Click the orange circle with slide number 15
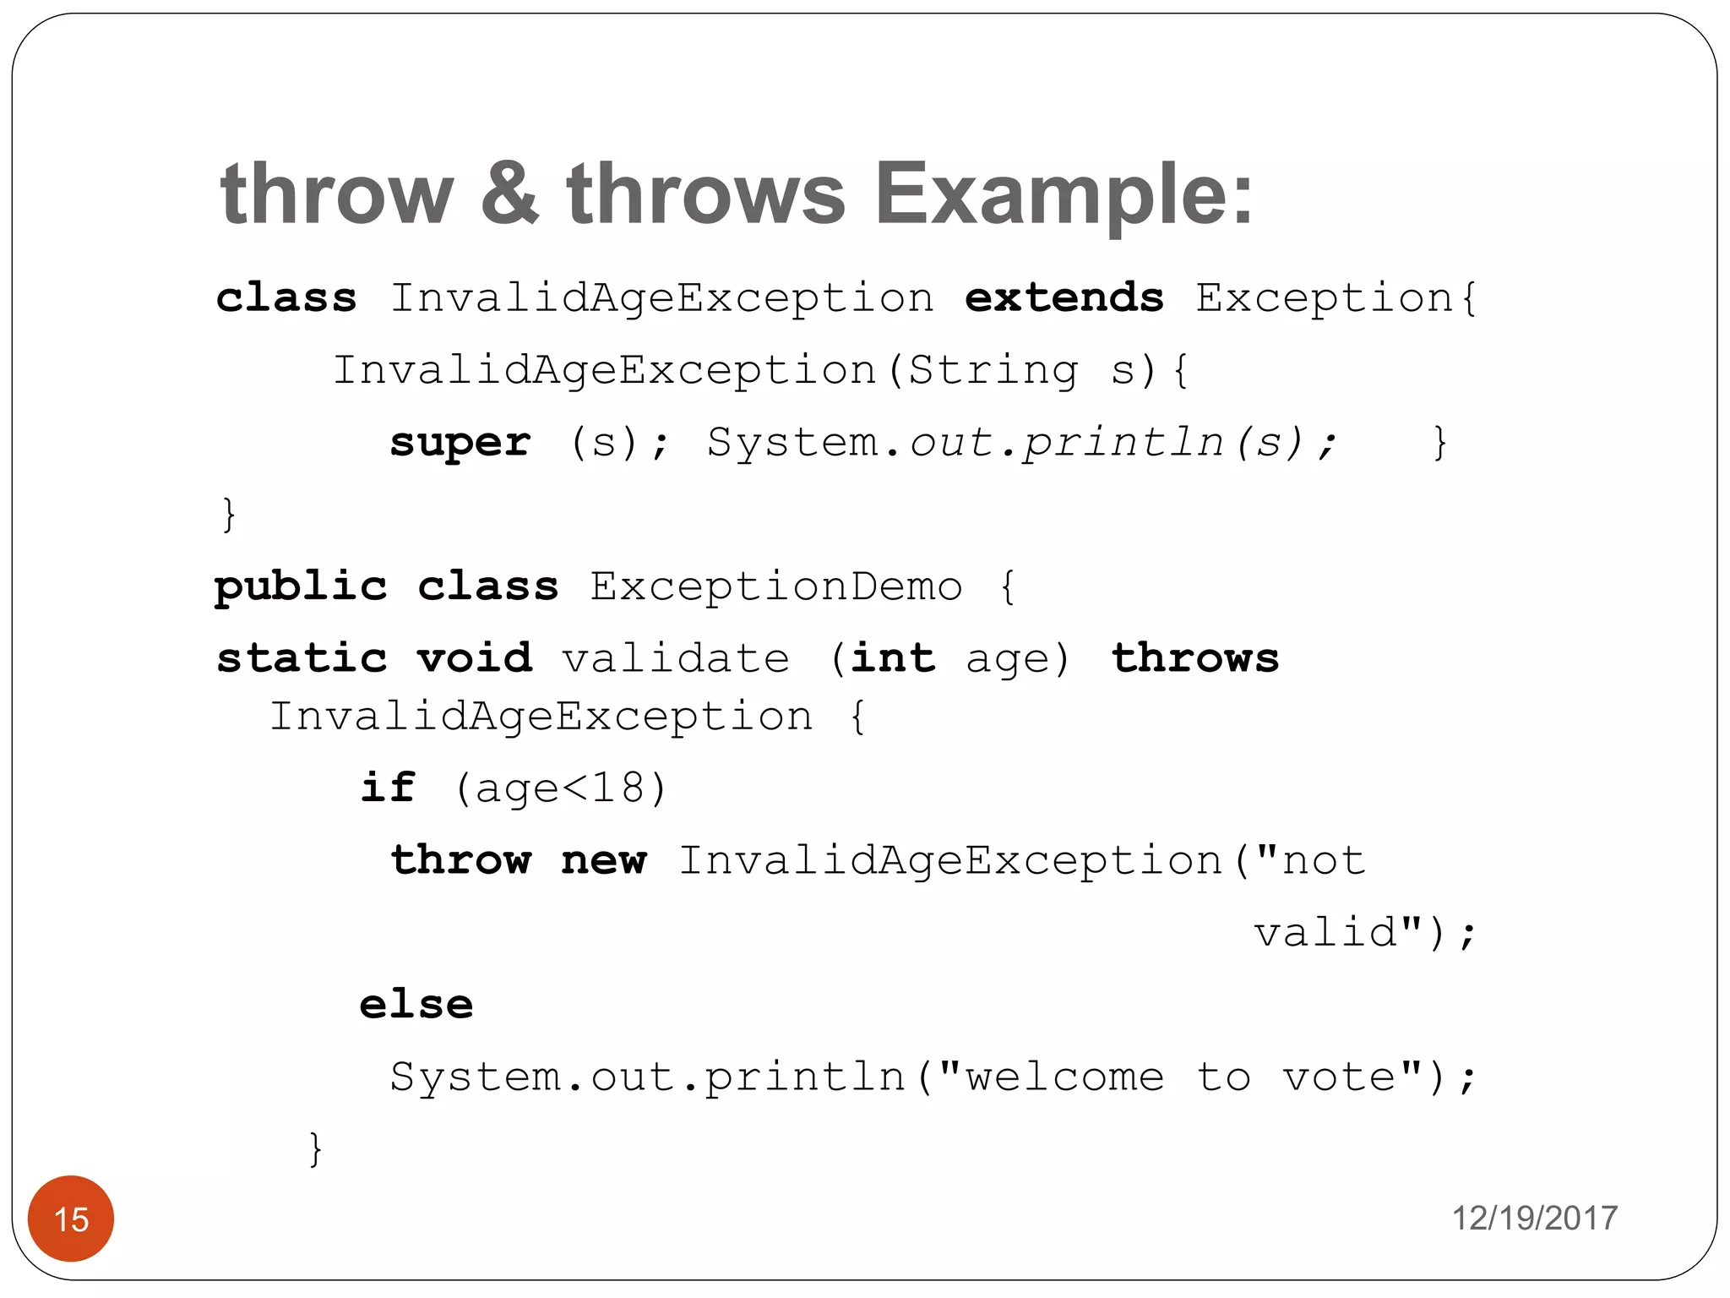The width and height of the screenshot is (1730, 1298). (x=71, y=1219)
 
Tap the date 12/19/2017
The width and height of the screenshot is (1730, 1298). (x=1534, y=1219)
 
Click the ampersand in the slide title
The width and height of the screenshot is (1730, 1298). (x=509, y=194)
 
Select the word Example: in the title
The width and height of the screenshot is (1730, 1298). (x=1064, y=194)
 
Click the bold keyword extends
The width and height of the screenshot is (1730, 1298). (x=1064, y=298)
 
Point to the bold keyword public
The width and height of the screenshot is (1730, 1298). (x=301, y=586)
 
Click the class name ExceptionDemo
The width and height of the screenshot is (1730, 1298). (x=775, y=586)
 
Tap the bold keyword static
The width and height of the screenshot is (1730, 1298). (x=302, y=658)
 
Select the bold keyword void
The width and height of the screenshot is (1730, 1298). (x=474, y=658)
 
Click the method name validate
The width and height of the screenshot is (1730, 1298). (x=676, y=658)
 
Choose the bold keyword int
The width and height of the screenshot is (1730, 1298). (x=893, y=658)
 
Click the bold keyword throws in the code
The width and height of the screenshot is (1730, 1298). (x=1194, y=658)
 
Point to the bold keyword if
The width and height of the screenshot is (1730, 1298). (x=388, y=788)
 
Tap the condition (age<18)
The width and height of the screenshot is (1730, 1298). (x=561, y=788)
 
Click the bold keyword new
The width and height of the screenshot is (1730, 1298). (x=604, y=860)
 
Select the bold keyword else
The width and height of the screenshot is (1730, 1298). (x=416, y=1005)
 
